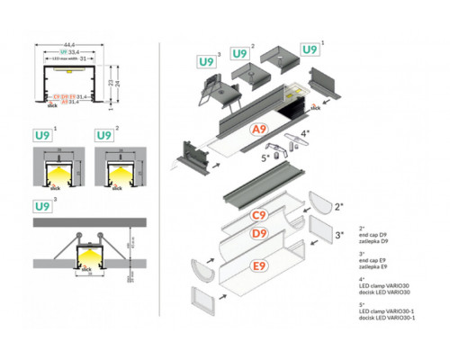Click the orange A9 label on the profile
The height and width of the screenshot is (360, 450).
click(x=258, y=130)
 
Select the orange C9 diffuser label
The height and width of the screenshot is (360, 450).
click(x=258, y=215)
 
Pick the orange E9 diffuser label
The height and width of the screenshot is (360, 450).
click(x=258, y=265)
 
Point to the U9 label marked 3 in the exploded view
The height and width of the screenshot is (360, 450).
click(x=204, y=61)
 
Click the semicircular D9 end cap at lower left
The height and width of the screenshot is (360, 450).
click(x=203, y=267)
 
